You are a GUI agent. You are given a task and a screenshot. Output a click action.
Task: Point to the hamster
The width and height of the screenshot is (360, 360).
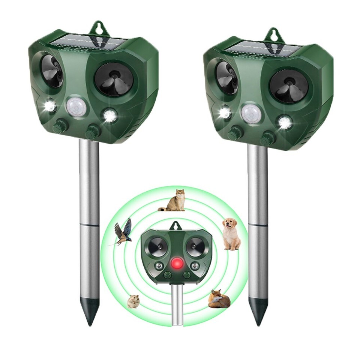pos(133,301)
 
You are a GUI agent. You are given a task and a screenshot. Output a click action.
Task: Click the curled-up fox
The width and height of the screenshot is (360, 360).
pos(219,299)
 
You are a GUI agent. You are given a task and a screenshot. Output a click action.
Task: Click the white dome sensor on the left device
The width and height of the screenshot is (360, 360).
pos(76,107)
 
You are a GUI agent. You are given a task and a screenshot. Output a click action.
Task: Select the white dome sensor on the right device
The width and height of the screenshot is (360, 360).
pos(251,113)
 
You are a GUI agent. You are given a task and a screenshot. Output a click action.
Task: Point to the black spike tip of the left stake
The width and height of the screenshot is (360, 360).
pos(90,311)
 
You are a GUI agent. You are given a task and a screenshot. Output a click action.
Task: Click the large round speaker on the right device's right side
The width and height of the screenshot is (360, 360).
pos(289,86)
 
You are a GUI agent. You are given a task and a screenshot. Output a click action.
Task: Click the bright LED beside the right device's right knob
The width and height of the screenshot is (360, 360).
pos(285,122)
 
